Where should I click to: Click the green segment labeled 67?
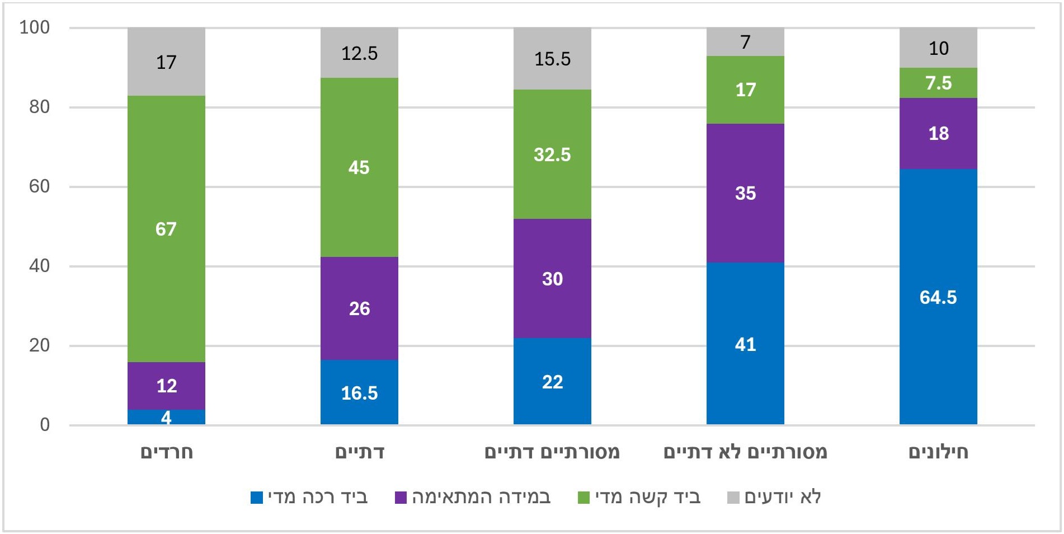[166, 228]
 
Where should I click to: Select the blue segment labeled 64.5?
[938, 297]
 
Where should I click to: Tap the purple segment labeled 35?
[745, 193]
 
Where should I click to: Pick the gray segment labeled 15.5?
[552, 59]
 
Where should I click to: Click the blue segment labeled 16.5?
[359, 392]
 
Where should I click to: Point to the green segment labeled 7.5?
[938, 83]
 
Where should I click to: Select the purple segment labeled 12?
[166, 386]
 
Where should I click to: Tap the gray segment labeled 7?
[745, 42]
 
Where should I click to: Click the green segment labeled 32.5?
[552, 154]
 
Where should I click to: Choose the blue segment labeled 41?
[745, 344]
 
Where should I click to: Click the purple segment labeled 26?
[359, 308]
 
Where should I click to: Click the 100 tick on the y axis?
[35, 27]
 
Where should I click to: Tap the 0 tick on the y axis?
[45, 425]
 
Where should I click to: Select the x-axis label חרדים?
[166, 452]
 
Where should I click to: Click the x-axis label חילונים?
[938, 452]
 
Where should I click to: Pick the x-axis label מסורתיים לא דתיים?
[745, 452]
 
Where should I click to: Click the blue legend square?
[256, 497]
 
